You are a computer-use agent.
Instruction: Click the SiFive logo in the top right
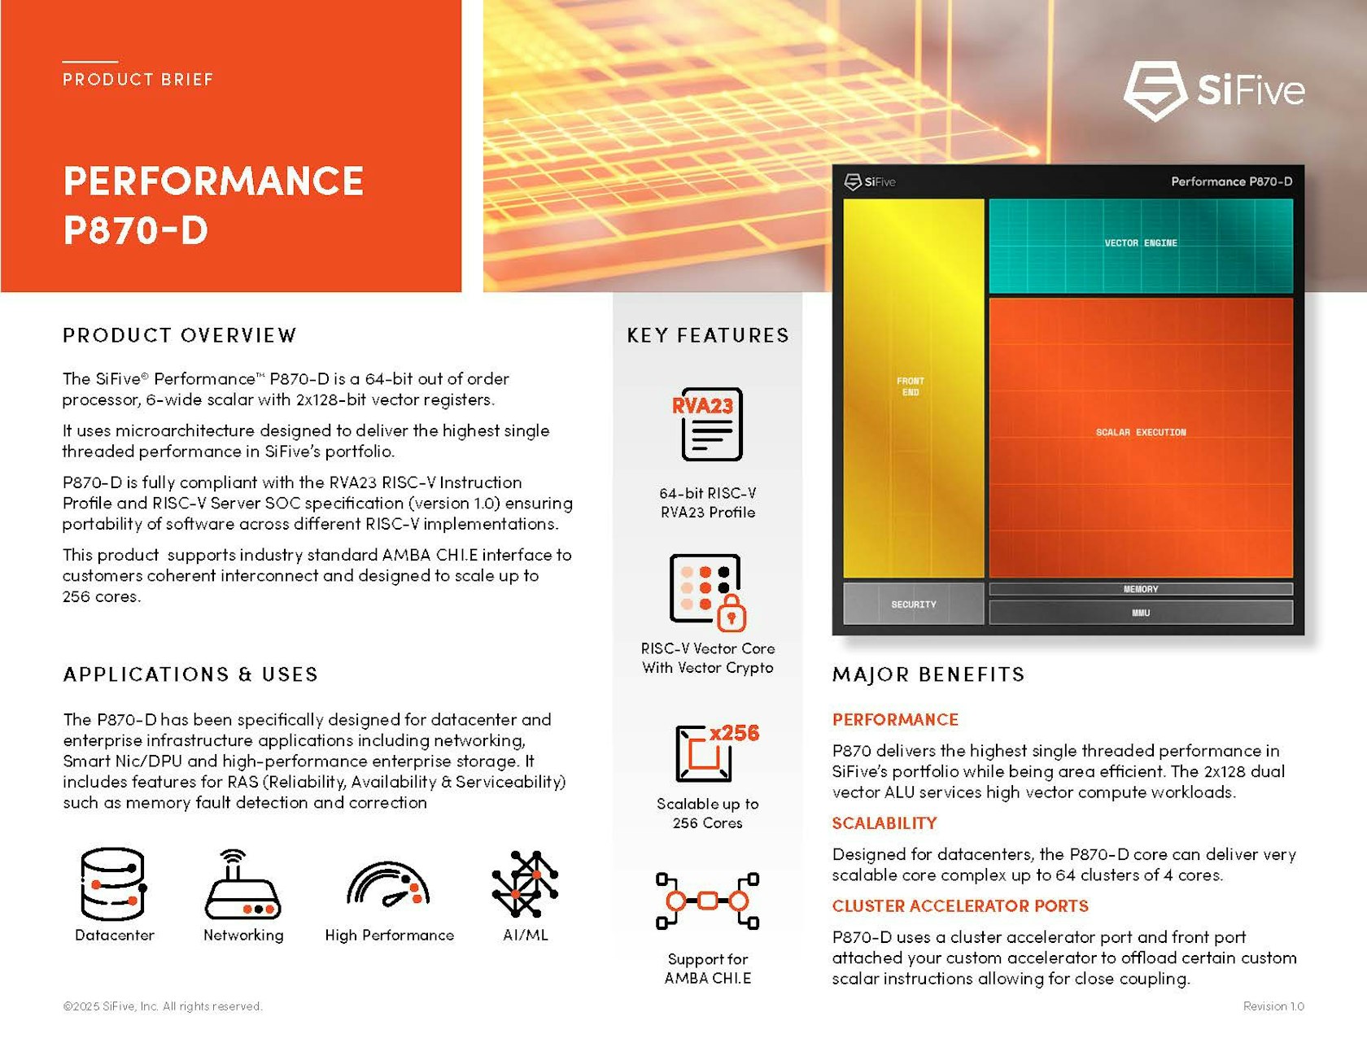[1214, 90]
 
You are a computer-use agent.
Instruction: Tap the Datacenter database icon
[113, 884]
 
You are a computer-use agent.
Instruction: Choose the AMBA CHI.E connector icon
[707, 901]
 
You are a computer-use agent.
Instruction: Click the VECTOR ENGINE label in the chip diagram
[1140, 243]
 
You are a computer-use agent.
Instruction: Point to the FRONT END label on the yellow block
[911, 386]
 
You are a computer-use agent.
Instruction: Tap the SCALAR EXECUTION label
[1140, 432]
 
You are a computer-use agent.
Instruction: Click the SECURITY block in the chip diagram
[913, 604]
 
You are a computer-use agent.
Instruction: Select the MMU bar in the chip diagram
[1140, 613]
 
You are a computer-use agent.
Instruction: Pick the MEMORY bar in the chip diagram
[1140, 589]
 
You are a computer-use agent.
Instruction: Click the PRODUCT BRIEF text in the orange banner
[138, 80]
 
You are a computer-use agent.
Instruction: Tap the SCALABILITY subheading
[884, 823]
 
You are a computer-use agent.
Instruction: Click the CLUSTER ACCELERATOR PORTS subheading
[959, 906]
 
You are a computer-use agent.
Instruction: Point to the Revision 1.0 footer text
[1273, 1006]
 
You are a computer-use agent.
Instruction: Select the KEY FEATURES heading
[707, 335]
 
